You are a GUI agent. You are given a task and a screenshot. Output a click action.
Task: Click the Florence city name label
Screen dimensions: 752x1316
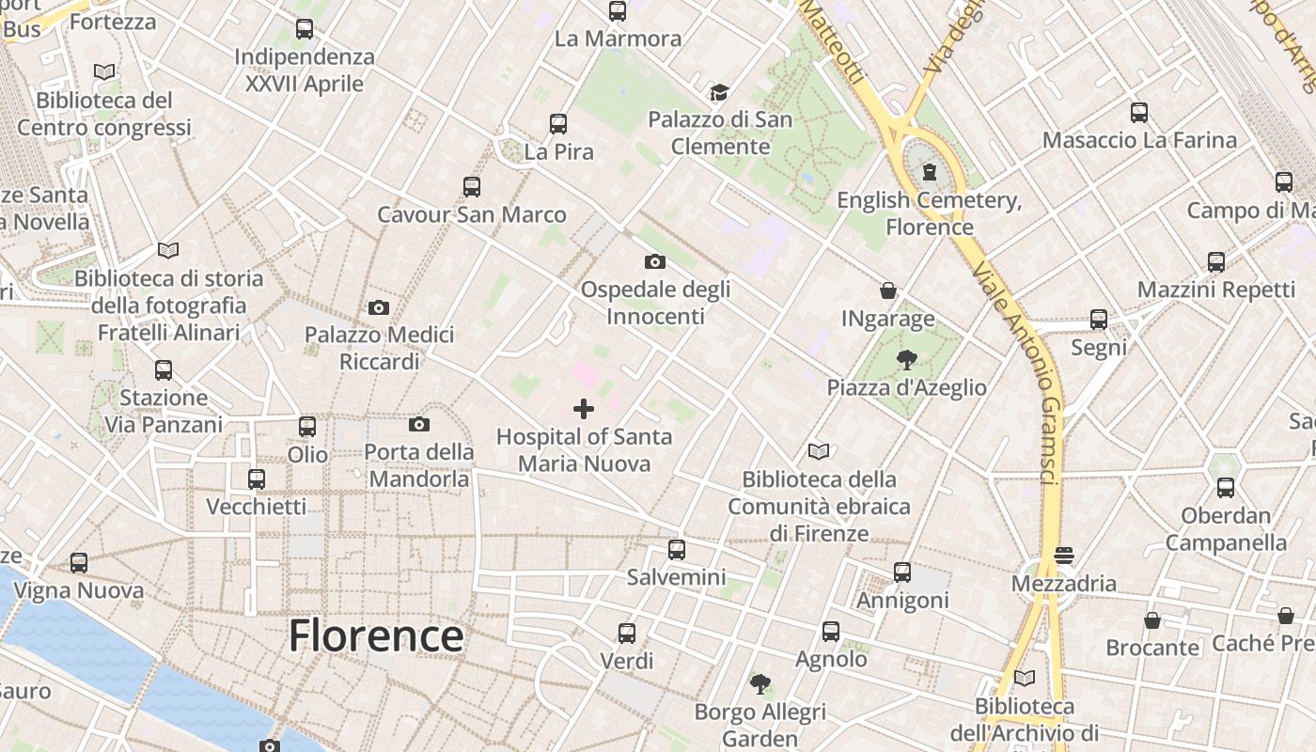point(376,636)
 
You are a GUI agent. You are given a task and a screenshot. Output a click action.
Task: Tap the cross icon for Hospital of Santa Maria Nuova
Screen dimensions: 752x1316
point(584,409)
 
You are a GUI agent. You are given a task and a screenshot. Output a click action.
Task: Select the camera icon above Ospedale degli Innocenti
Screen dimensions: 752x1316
point(655,261)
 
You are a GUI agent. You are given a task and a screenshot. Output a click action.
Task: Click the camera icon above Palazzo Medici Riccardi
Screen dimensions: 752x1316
point(379,307)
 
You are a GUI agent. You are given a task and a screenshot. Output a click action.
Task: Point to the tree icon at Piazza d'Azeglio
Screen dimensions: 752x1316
point(906,359)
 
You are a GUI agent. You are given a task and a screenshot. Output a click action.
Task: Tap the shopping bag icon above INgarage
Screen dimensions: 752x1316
point(888,290)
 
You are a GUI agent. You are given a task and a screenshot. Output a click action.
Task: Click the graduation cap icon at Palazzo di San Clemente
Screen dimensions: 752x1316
point(719,92)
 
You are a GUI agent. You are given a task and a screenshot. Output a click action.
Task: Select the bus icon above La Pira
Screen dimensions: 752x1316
point(558,123)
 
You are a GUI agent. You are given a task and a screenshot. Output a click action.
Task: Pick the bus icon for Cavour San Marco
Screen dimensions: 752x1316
point(472,186)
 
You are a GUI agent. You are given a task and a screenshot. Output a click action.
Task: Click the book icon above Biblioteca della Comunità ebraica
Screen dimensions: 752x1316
point(819,452)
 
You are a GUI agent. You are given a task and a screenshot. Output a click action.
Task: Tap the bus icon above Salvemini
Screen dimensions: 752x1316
point(677,550)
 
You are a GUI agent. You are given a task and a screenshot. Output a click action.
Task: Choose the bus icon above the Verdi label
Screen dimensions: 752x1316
point(627,633)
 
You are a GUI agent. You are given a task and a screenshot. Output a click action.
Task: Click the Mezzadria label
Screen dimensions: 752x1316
point(1064,584)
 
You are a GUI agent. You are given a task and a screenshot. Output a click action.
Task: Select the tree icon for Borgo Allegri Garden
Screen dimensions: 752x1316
point(760,683)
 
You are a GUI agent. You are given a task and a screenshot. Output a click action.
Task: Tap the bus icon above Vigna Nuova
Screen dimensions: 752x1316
point(79,563)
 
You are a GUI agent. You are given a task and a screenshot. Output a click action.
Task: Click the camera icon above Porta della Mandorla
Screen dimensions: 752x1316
point(419,425)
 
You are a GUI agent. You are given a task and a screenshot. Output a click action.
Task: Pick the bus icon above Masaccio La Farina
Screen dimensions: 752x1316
point(1139,113)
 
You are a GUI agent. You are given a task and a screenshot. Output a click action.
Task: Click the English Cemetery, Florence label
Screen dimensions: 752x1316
point(930,213)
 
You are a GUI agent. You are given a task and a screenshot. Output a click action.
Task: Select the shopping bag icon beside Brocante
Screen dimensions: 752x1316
point(1152,620)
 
